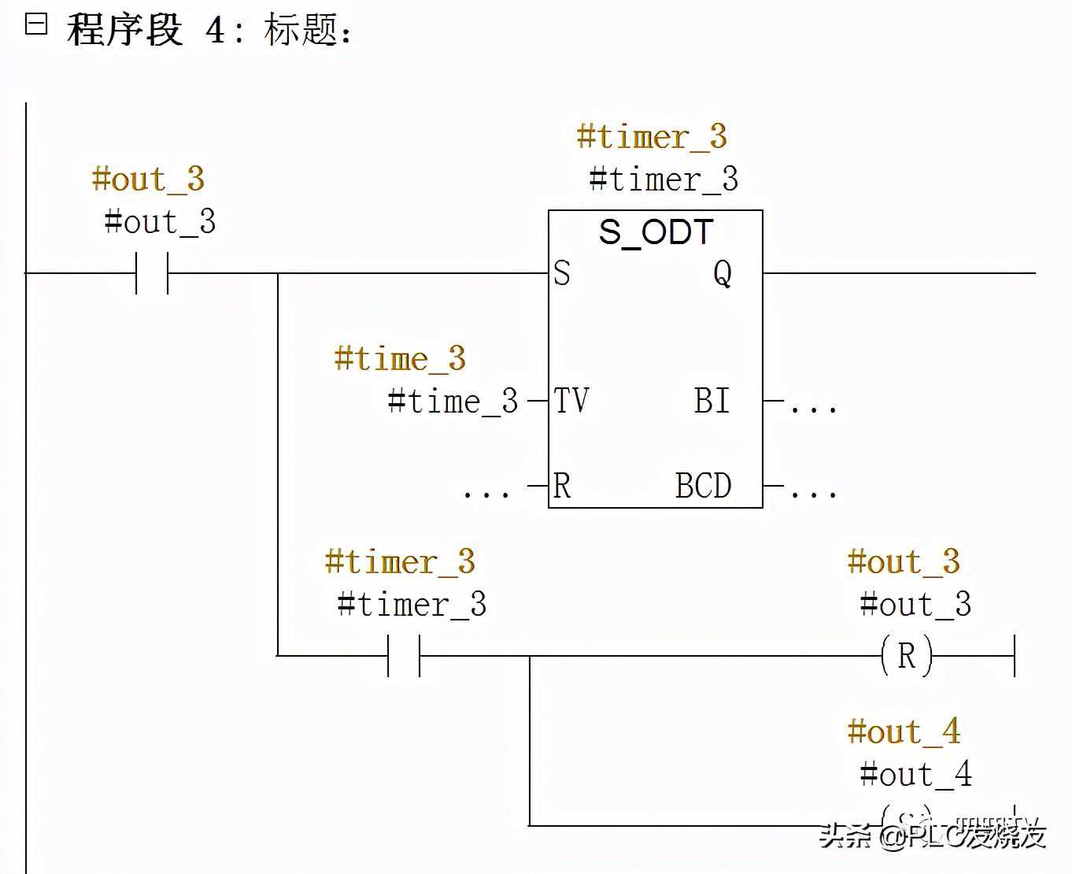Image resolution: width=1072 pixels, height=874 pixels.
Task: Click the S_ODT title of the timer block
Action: click(x=656, y=232)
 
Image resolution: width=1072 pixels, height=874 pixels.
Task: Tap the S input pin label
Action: click(x=561, y=273)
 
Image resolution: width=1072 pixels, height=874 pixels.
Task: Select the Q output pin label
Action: click(x=723, y=273)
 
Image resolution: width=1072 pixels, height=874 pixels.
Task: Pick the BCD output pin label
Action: click(x=704, y=486)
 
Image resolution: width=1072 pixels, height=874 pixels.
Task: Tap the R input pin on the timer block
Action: click(x=561, y=486)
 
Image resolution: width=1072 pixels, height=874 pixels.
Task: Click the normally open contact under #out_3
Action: click(x=152, y=273)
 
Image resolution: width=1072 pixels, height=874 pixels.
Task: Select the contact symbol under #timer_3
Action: click(x=404, y=656)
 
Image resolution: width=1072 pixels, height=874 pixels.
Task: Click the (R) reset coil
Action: click(x=907, y=656)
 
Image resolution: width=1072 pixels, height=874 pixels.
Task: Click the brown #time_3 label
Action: click(x=400, y=359)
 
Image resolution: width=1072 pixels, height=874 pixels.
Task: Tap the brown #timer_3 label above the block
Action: click(x=652, y=137)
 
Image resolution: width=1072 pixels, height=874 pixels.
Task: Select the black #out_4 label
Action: click(x=916, y=775)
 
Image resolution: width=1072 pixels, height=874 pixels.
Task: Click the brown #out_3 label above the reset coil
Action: click(x=904, y=562)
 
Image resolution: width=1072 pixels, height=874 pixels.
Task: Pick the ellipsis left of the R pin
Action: click(x=486, y=492)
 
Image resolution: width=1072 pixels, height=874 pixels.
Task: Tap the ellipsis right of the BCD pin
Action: click(x=813, y=492)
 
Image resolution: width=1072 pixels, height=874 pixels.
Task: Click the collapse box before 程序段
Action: click(x=36, y=24)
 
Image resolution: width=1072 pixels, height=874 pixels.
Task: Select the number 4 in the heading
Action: click(x=215, y=30)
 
